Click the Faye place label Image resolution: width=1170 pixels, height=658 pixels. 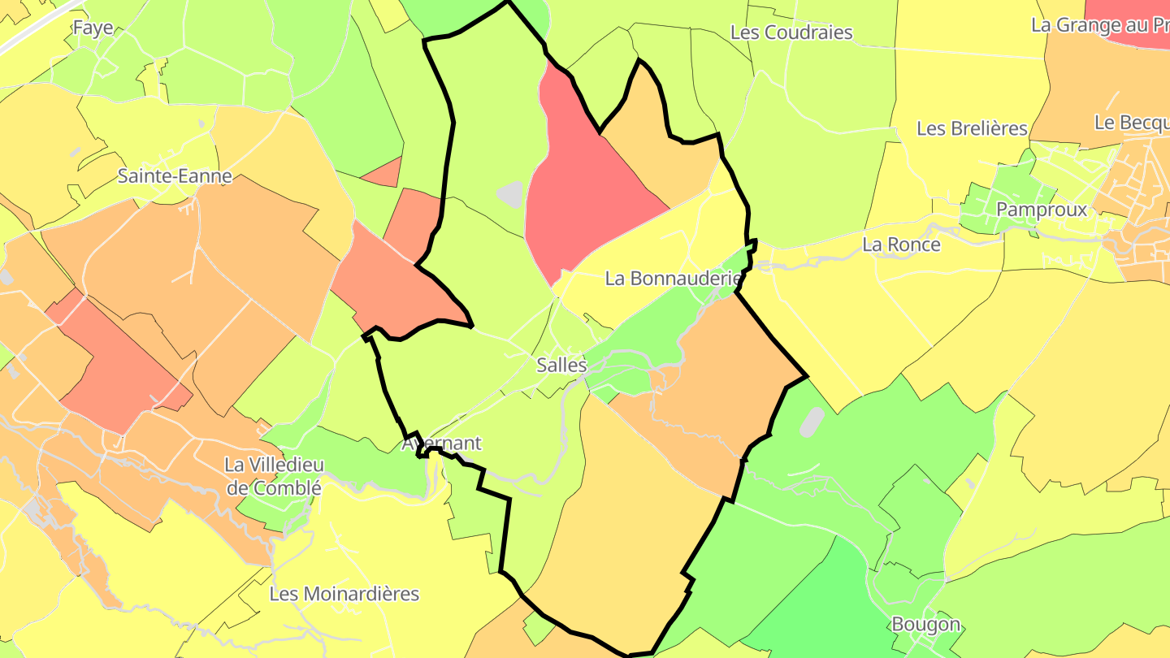tap(93, 28)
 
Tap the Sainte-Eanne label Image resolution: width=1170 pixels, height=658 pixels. tap(175, 175)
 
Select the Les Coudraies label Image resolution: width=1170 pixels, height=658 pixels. tap(791, 32)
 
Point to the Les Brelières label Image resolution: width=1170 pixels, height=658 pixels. tap(972, 128)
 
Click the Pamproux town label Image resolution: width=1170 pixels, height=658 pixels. tap(1042, 210)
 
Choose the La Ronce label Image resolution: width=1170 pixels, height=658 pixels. tap(901, 245)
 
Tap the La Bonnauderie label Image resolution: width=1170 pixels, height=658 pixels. tap(674, 279)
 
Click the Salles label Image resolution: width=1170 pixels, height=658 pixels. tap(561, 366)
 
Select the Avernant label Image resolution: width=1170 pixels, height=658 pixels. tap(442, 444)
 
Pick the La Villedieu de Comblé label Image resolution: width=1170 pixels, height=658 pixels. tap(274, 477)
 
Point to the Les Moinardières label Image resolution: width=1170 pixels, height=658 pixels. tap(344, 594)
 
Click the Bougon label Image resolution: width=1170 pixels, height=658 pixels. tap(926, 625)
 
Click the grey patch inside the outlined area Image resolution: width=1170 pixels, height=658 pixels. tap(510, 194)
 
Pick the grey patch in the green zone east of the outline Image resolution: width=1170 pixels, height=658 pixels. tap(812, 421)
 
